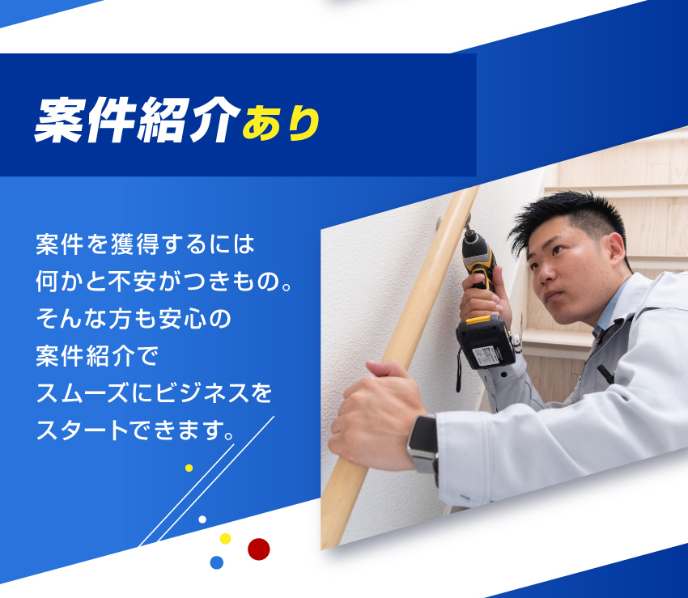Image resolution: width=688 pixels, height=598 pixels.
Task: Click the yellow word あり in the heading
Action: [281, 123]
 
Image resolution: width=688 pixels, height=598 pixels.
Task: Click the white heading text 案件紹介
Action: [138, 121]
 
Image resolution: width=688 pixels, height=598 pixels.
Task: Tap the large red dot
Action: [259, 549]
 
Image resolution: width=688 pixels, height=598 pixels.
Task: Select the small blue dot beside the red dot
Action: [217, 562]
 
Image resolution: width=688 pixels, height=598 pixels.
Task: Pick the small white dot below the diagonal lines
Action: [202, 520]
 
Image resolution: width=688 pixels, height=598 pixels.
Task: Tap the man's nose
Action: [546, 273]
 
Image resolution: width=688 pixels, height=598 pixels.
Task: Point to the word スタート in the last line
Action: [82, 430]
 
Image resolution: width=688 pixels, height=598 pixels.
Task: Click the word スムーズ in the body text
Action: [82, 392]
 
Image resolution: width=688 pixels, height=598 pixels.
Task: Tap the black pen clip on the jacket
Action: [605, 374]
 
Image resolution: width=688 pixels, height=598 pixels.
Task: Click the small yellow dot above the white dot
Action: [189, 469]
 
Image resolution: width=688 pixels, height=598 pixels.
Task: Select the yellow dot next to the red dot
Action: [225, 539]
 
